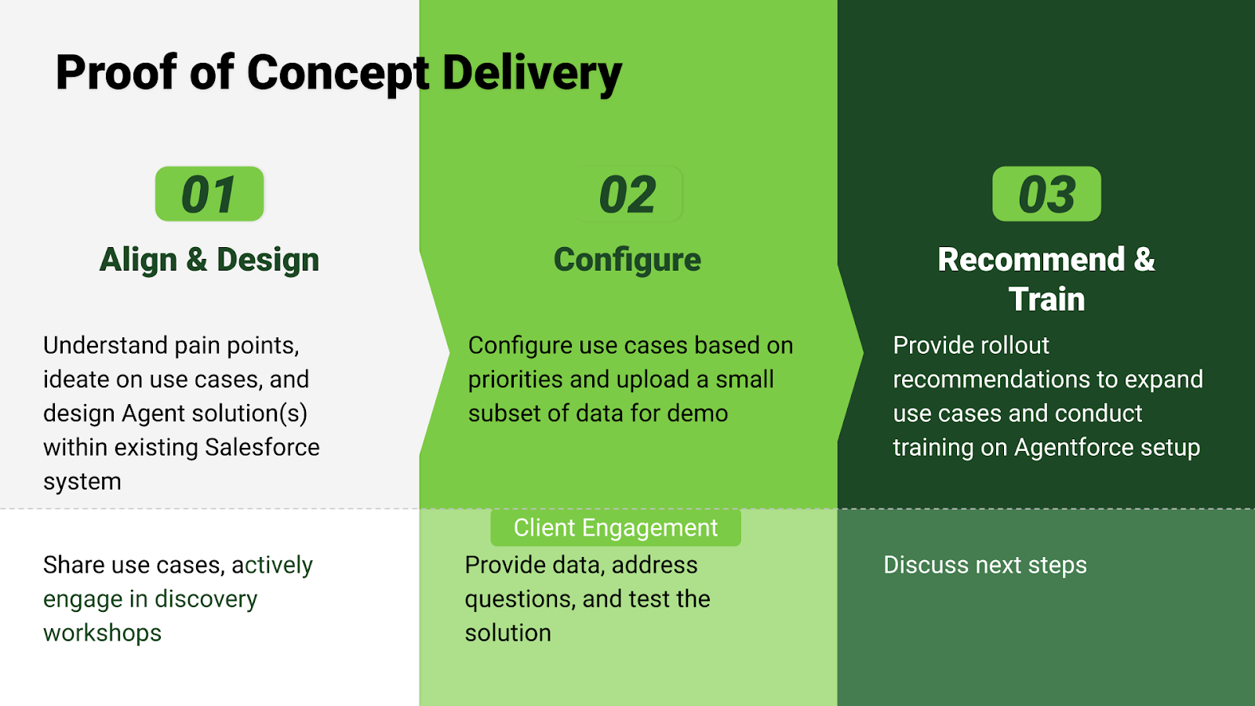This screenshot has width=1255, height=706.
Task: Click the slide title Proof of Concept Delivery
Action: [x=339, y=73]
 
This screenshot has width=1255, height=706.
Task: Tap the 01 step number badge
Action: [x=209, y=194]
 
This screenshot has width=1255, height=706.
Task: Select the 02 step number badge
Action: [x=627, y=194]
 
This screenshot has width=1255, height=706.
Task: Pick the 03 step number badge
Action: [x=1046, y=194]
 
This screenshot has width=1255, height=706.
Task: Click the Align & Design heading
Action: [x=209, y=260]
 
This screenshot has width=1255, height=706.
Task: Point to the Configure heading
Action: [x=627, y=260]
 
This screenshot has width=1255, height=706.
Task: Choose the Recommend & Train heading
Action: [x=1046, y=279]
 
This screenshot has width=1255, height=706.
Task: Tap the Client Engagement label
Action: [x=616, y=528]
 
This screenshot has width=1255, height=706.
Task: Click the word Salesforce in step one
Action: [x=262, y=447]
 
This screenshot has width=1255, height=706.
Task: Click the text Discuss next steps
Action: [x=985, y=566]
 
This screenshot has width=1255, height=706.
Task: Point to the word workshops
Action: [x=103, y=633]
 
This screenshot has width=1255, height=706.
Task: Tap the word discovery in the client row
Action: [x=206, y=599]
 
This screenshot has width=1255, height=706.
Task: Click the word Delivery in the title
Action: [x=533, y=74]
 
